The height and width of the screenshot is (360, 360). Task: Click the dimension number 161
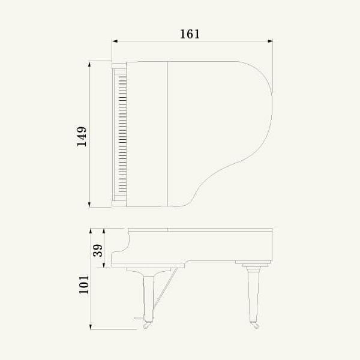(190, 34)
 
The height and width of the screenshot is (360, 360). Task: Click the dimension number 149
(82, 136)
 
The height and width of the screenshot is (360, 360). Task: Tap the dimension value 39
(98, 248)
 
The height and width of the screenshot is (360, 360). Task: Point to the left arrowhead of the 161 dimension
(114, 41)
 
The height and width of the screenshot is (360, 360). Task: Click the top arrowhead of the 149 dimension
(90, 63)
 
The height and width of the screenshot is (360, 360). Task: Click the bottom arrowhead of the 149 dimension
(90, 205)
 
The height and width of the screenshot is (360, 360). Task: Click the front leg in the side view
(148, 294)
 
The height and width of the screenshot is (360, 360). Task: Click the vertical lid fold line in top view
(167, 133)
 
